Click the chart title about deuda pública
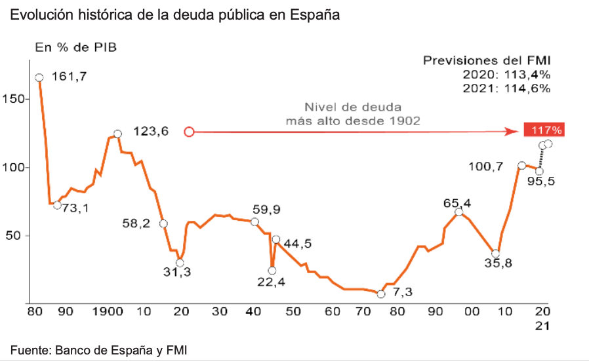(x=174, y=15)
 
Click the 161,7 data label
(x=68, y=77)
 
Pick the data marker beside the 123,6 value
(x=117, y=134)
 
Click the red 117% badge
(x=544, y=130)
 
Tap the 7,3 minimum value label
(x=402, y=294)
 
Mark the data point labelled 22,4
(x=272, y=271)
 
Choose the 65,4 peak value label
(x=457, y=203)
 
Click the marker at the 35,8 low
(x=496, y=254)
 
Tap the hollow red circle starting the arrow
(x=189, y=132)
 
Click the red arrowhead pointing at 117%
(x=512, y=132)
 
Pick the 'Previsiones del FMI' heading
(x=486, y=60)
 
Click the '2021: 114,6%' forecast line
(x=506, y=88)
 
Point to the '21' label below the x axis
(x=541, y=325)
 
